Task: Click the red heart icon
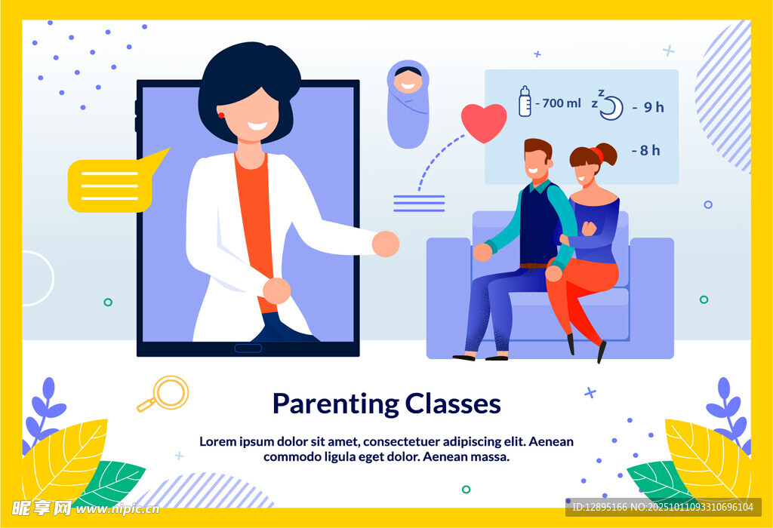(x=484, y=122)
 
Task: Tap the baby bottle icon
(x=525, y=102)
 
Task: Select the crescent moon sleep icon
(x=611, y=107)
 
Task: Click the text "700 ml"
(x=562, y=103)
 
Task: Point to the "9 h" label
(x=654, y=107)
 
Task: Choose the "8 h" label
(x=650, y=150)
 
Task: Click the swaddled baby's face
(x=408, y=82)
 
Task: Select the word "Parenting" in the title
(x=336, y=404)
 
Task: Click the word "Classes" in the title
(x=453, y=404)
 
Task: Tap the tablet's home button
(x=248, y=348)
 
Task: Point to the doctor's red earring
(x=221, y=115)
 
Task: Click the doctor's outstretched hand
(x=386, y=244)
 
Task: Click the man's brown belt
(x=534, y=266)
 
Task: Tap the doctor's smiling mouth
(x=257, y=126)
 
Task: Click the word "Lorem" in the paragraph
(x=218, y=441)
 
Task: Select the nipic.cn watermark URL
(x=118, y=509)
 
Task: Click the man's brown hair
(x=537, y=147)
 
